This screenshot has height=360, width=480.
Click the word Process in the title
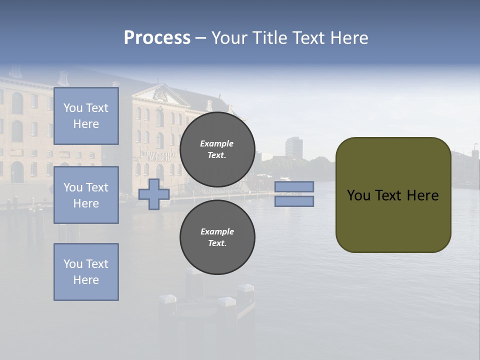point(157,38)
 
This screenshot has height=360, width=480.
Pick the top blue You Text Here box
point(86,116)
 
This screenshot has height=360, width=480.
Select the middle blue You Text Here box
point(86,195)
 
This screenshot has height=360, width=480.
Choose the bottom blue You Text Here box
point(86,272)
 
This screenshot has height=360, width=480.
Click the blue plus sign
point(153,194)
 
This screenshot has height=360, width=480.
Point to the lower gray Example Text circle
point(217,237)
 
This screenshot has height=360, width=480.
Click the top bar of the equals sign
point(294,186)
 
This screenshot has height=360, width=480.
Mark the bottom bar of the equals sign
point(294,201)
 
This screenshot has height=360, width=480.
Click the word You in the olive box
point(358,195)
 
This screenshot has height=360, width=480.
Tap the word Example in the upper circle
point(217,143)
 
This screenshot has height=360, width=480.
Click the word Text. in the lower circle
point(217,243)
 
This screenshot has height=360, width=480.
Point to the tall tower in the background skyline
point(293,147)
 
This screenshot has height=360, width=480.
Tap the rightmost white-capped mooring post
point(245,288)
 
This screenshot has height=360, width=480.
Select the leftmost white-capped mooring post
point(167,298)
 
